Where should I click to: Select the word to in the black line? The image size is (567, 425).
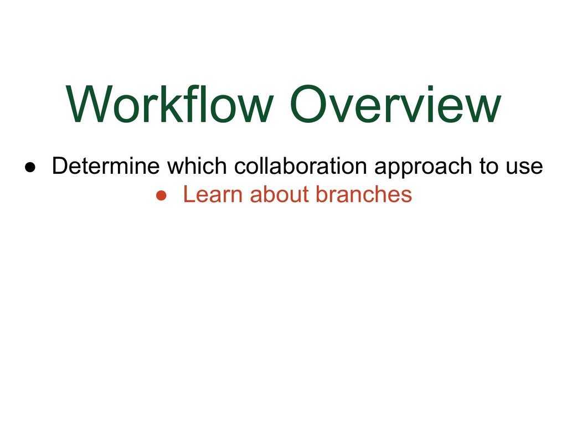tap(489, 166)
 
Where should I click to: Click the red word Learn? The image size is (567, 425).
tap(214, 194)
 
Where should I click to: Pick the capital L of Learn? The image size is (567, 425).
tap(188, 194)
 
